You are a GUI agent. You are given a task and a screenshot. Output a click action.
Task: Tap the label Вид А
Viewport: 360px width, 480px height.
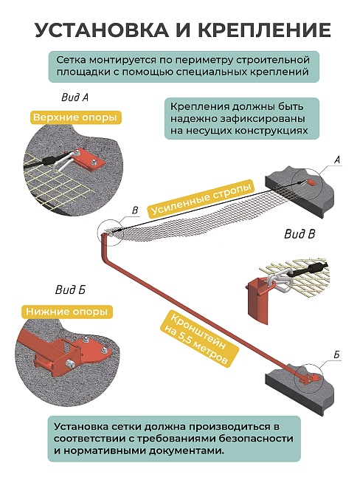tap(74, 97)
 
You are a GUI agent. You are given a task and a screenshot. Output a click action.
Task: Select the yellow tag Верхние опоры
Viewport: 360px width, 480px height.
tap(76, 117)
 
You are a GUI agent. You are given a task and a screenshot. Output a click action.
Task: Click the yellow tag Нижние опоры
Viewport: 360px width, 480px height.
tap(68, 312)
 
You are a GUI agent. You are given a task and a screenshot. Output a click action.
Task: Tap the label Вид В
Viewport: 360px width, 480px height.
tap(300, 235)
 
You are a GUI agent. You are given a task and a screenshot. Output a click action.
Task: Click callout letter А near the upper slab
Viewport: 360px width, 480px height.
tap(337, 160)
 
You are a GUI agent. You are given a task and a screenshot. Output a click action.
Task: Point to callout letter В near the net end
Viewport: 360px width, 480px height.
tap(134, 210)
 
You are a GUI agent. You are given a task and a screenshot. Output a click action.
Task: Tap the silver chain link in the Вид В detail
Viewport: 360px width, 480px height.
tap(278, 279)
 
